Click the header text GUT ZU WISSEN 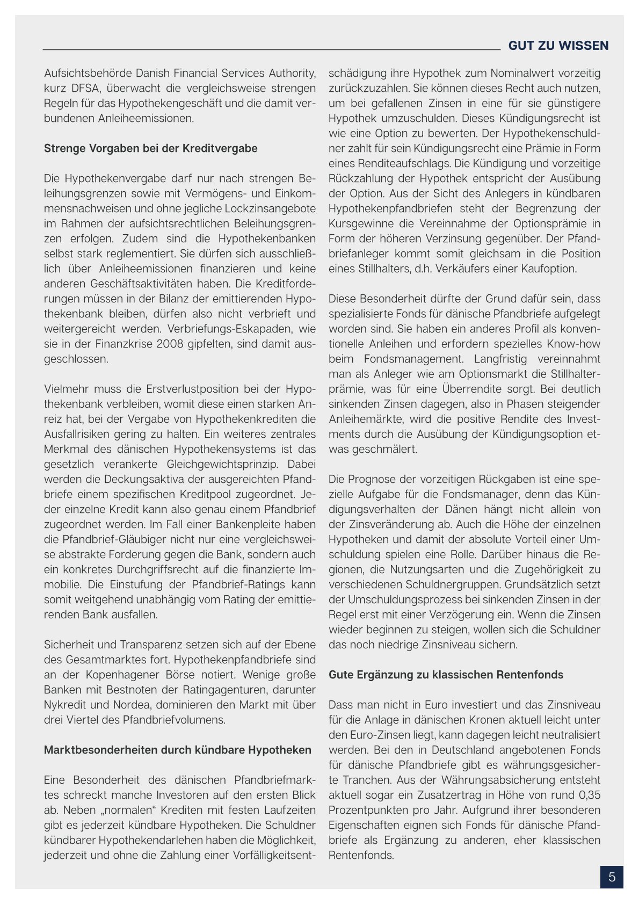click(558, 46)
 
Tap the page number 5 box click(612, 877)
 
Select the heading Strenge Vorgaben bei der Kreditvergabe click(150, 148)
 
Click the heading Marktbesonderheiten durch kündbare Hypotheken click(177, 750)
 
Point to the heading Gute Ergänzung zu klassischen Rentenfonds click(446, 675)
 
